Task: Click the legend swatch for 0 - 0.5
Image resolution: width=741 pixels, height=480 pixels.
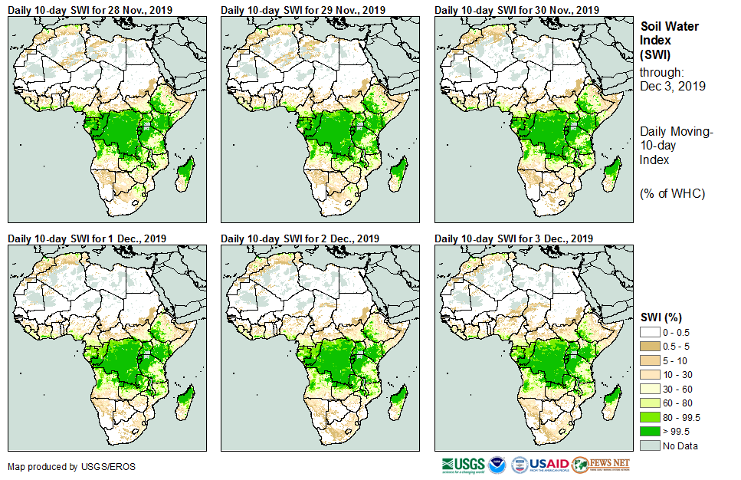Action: pos(650,332)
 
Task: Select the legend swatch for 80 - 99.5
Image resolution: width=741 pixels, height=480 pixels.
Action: pos(650,416)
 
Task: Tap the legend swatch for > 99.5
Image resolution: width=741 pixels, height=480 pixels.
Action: pos(650,431)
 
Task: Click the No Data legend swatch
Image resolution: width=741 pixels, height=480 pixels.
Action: pos(650,445)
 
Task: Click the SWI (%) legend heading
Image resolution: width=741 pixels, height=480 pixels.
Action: pos(661,317)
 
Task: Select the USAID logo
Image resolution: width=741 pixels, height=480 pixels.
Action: pos(549,465)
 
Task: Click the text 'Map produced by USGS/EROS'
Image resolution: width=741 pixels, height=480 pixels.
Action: pos(62,466)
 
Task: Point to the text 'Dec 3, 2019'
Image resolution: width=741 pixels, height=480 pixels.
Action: pos(672,86)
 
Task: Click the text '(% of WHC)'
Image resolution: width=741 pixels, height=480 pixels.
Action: pos(672,193)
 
